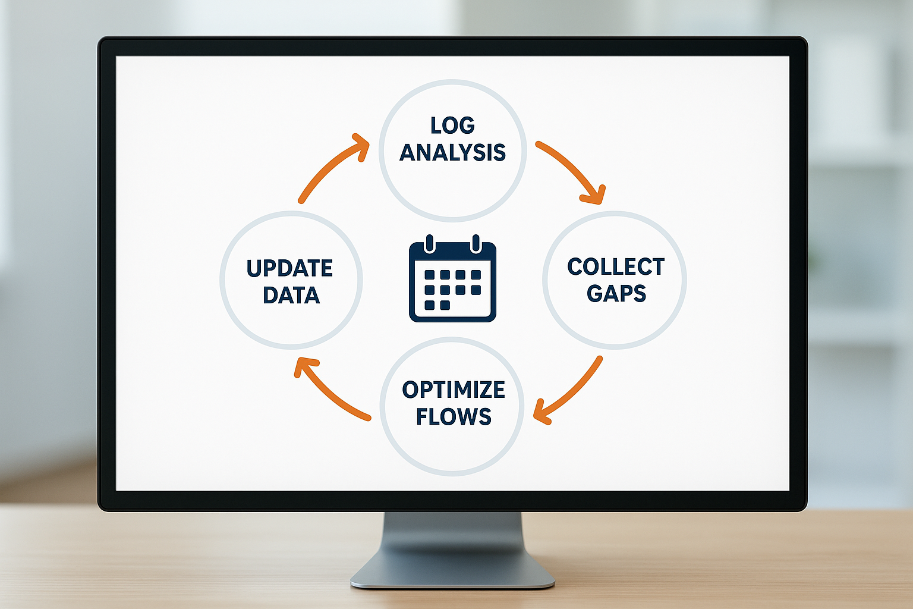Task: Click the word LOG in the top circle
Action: click(452, 125)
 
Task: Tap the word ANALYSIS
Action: click(452, 153)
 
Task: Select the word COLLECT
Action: click(616, 267)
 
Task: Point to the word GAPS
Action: click(616, 294)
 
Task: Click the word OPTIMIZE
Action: click(454, 390)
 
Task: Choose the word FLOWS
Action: click(454, 417)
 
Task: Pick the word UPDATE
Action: click(289, 269)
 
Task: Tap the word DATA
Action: click(291, 296)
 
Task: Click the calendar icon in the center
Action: click(452, 281)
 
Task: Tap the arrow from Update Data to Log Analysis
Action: click(330, 169)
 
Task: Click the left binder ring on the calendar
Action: click(430, 244)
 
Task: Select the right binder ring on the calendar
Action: click(476, 244)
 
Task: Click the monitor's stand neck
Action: click(452, 535)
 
